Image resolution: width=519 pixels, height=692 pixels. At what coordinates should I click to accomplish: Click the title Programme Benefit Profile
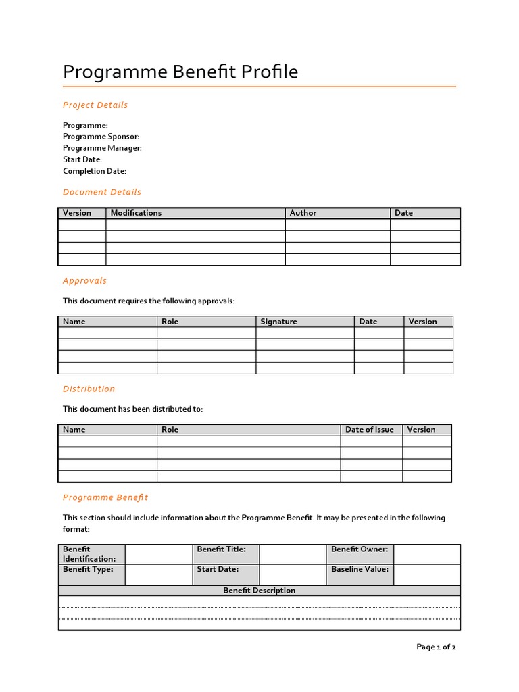[180, 72]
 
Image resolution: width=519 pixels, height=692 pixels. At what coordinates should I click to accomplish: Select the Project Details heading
[95, 105]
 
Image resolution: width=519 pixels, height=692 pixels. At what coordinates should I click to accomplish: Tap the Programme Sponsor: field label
[101, 137]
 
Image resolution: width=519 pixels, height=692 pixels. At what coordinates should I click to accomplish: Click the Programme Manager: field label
[102, 148]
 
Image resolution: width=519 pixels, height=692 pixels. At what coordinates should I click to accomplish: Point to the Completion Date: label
[95, 171]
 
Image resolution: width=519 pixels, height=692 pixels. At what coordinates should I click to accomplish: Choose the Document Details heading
[102, 192]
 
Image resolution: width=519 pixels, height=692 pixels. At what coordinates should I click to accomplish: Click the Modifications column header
[136, 213]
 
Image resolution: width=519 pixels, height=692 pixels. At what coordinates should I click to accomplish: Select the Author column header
[303, 213]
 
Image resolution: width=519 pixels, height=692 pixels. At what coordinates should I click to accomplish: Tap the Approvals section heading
[84, 280]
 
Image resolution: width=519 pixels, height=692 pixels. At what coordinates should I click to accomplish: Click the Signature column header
[278, 322]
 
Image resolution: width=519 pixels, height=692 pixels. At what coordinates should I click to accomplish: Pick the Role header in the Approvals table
[170, 322]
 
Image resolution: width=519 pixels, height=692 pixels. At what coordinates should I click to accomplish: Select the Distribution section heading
[89, 389]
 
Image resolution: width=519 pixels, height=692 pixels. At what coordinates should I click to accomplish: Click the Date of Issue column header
[369, 430]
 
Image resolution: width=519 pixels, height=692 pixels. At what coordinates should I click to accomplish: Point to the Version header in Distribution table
[422, 430]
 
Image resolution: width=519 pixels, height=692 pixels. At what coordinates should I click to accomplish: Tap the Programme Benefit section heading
[105, 497]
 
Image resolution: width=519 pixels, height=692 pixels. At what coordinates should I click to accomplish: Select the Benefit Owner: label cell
[360, 549]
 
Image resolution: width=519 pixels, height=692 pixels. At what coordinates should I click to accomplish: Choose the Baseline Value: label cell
[360, 570]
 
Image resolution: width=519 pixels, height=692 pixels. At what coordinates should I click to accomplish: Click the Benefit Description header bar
[259, 591]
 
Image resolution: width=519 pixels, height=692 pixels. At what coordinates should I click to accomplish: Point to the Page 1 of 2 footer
[436, 647]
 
